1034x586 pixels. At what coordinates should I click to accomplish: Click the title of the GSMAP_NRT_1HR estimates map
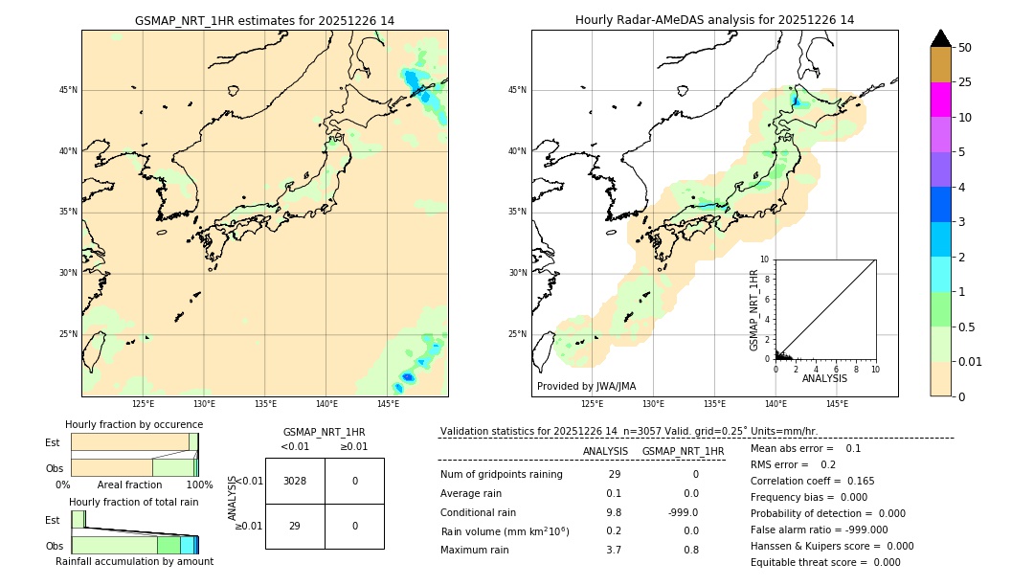click(264, 20)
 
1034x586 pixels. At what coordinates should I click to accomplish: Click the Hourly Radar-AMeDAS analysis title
click(714, 20)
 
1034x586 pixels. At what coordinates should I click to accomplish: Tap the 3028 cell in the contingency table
click(295, 481)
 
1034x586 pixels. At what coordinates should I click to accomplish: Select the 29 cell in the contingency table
click(295, 526)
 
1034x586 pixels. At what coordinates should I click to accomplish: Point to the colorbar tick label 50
click(965, 48)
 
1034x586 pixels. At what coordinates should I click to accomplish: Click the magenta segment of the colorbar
click(940, 100)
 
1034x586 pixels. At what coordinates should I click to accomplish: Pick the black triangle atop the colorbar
click(940, 38)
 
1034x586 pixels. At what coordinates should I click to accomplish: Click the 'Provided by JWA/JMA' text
click(586, 386)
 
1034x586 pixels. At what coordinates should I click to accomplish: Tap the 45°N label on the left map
click(68, 90)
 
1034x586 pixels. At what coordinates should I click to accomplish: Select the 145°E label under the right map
click(837, 404)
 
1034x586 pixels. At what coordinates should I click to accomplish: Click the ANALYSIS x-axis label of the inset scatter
click(824, 378)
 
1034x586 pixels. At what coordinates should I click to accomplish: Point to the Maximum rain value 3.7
click(614, 550)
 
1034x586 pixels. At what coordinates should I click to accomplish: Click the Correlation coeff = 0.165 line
click(812, 481)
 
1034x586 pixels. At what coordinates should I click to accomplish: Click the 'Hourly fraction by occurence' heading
click(134, 424)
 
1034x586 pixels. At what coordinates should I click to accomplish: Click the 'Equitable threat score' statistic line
click(825, 562)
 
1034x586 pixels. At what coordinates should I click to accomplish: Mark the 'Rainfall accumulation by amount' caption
click(134, 561)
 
